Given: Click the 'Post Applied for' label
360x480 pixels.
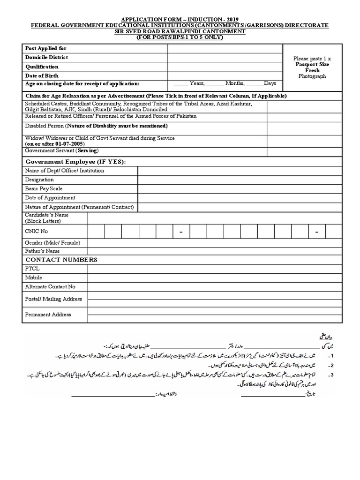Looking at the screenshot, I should (x=45, y=48).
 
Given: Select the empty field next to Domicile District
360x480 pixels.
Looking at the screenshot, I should (x=225, y=57).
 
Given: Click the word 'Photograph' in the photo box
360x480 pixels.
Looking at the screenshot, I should (x=312, y=76).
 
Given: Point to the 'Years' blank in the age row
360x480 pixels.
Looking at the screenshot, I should (x=181, y=84).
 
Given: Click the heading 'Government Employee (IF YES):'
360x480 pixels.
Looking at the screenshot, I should (x=75, y=162).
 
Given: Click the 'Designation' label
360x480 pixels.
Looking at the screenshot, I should (x=39, y=180).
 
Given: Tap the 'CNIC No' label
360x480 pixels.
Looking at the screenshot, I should (x=37, y=232).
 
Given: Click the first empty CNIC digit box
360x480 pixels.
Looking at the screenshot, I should (x=96, y=232).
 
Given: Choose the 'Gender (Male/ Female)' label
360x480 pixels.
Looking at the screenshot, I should (x=52, y=243).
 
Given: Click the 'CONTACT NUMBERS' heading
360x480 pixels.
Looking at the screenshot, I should (x=61, y=260).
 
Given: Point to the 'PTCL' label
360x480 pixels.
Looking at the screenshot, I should (x=32, y=269).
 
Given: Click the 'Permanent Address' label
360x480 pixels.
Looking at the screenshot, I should (x=48, y=315).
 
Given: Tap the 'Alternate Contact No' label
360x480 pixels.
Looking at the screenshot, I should (x=50, y=286).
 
